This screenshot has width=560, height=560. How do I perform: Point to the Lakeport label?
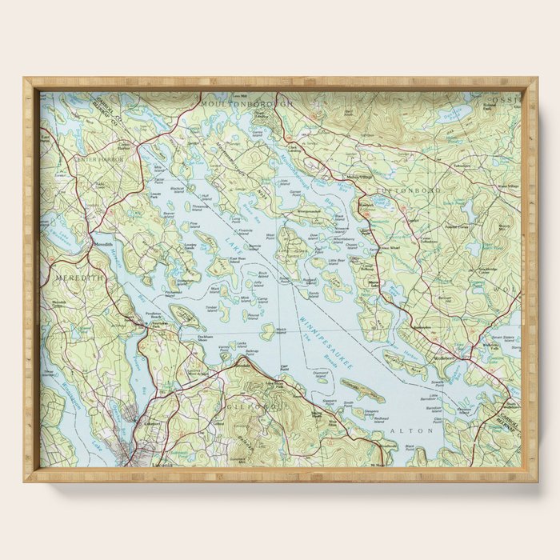click(153, 423)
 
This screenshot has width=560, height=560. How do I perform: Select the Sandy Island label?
click(314, 294)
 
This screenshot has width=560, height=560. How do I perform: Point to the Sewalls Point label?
click(435, 384)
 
